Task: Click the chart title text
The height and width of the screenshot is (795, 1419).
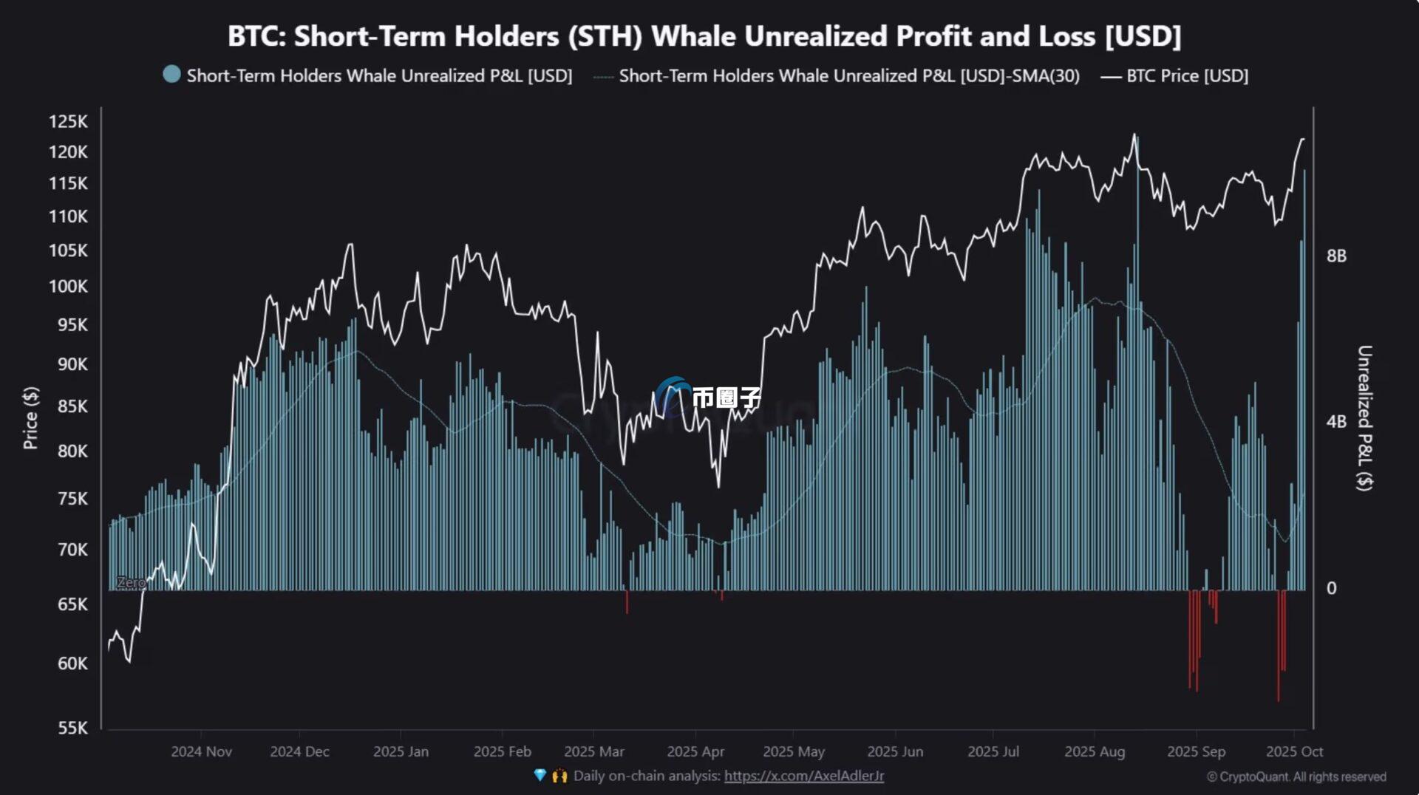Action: pos(704,35)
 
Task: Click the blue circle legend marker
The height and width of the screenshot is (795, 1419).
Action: pos(171,75)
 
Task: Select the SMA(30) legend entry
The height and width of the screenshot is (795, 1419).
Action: pos(848,75)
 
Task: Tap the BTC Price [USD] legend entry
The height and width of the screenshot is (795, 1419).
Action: pos(1186,75)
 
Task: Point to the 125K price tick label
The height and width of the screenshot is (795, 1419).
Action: pos(68,121)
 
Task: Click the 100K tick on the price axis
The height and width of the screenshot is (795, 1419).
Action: pos(68,286)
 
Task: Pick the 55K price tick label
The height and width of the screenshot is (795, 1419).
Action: pos(72,728)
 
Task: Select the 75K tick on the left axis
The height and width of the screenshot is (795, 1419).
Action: pos(72,499)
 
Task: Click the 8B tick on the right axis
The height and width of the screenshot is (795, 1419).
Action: pos(1336,256)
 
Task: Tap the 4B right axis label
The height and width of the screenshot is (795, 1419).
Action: pos(1336,422)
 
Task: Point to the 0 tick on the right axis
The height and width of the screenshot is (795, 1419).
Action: pos(1331,588)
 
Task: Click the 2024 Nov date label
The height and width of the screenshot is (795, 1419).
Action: pos(201,751)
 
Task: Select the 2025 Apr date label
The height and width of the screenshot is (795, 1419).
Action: pos(695,751)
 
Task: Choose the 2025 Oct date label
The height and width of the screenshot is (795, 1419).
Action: pos(1294,751)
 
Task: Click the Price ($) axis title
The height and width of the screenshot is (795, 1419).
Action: pos(30,417)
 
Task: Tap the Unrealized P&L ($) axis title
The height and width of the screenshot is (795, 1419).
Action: pos(1364,417)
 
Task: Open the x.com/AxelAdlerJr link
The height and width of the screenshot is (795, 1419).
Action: pos(803,776)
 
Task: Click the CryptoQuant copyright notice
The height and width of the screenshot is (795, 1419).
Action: pos(1296,777)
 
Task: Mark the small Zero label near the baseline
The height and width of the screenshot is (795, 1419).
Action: pos(131,582)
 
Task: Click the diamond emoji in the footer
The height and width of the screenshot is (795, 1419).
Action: pos(540,775)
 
